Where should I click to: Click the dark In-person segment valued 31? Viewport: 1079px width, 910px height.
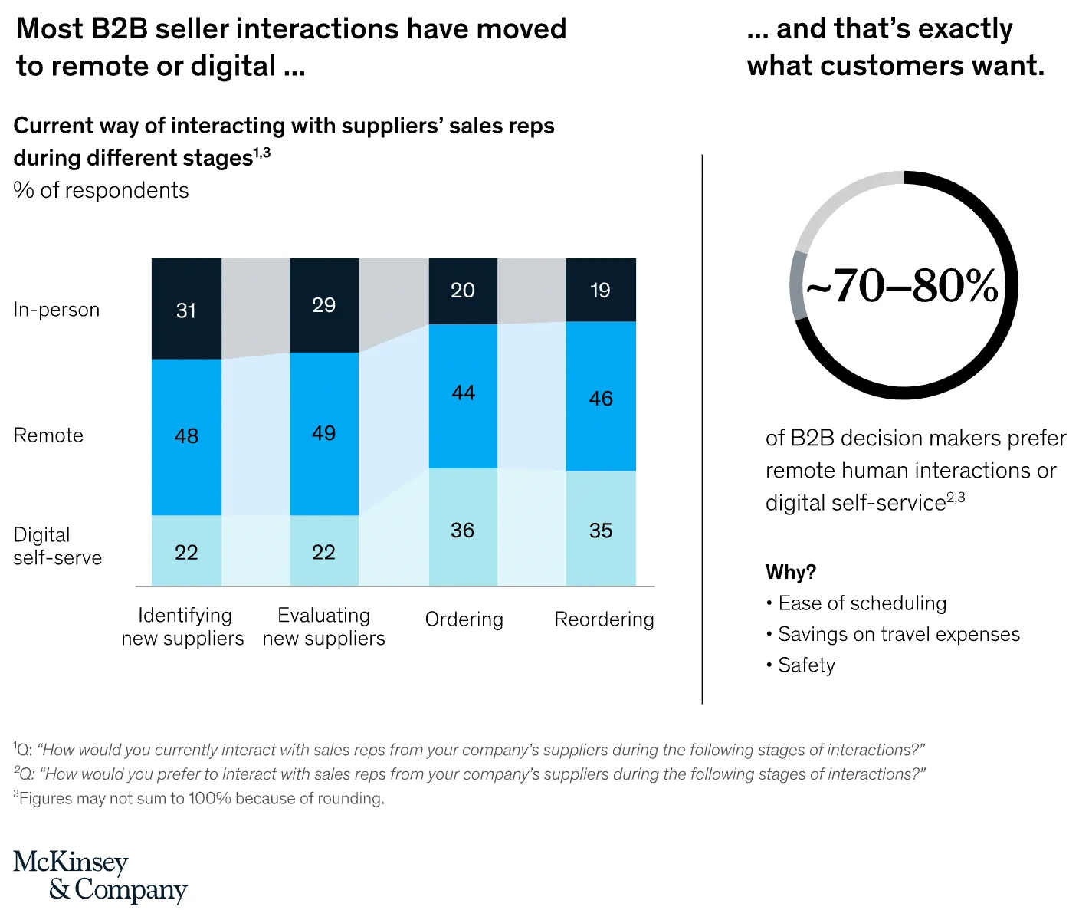[x=186, y=309]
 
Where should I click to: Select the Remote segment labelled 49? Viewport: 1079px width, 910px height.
[x=324, y=433]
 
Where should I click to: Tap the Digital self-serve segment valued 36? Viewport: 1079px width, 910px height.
[x=463, y=528]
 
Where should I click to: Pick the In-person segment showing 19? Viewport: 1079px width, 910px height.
[x=601, y=290]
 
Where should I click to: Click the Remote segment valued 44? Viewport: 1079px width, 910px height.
[x=463, y=395]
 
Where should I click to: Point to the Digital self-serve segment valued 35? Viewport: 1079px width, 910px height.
[x=601, y=529]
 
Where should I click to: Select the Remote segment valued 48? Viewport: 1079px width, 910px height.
[x=186, y=436]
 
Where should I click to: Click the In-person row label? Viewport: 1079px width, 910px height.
[x=57, y=310]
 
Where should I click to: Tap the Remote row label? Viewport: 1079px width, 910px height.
[x=48, y=435]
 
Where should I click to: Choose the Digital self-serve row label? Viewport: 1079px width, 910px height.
[x=57, y=546]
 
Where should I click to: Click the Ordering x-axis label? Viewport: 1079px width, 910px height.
[x=464, y=619]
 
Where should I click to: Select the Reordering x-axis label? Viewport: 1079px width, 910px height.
[x=604, y=619]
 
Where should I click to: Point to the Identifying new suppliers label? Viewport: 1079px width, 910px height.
[x=182, y=626]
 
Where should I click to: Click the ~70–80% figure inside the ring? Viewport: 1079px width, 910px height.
[x=903, y=286]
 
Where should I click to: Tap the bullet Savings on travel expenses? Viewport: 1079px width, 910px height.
[x=898, y=634]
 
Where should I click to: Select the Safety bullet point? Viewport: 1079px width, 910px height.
[x=805, y=665]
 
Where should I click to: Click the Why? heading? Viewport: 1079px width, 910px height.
[x=790, y=572]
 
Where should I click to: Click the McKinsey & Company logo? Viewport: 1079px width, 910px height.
[x=100, y=876]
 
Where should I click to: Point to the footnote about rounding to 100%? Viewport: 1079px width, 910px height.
[x=199, y=798]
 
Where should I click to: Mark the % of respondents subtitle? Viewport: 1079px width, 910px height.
[x=101, y=190]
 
